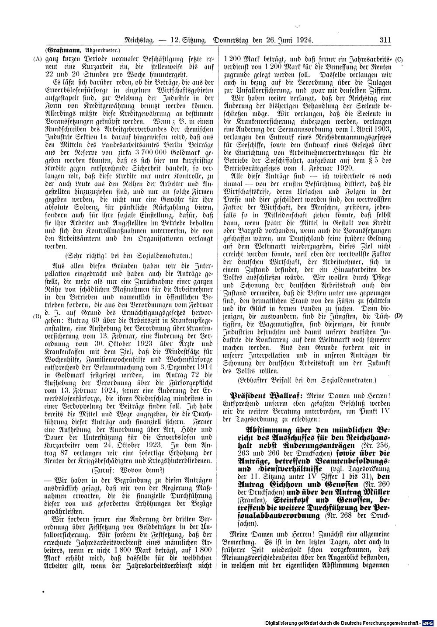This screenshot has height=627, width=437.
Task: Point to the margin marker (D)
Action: pyautogui.click(x=399, y=316)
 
